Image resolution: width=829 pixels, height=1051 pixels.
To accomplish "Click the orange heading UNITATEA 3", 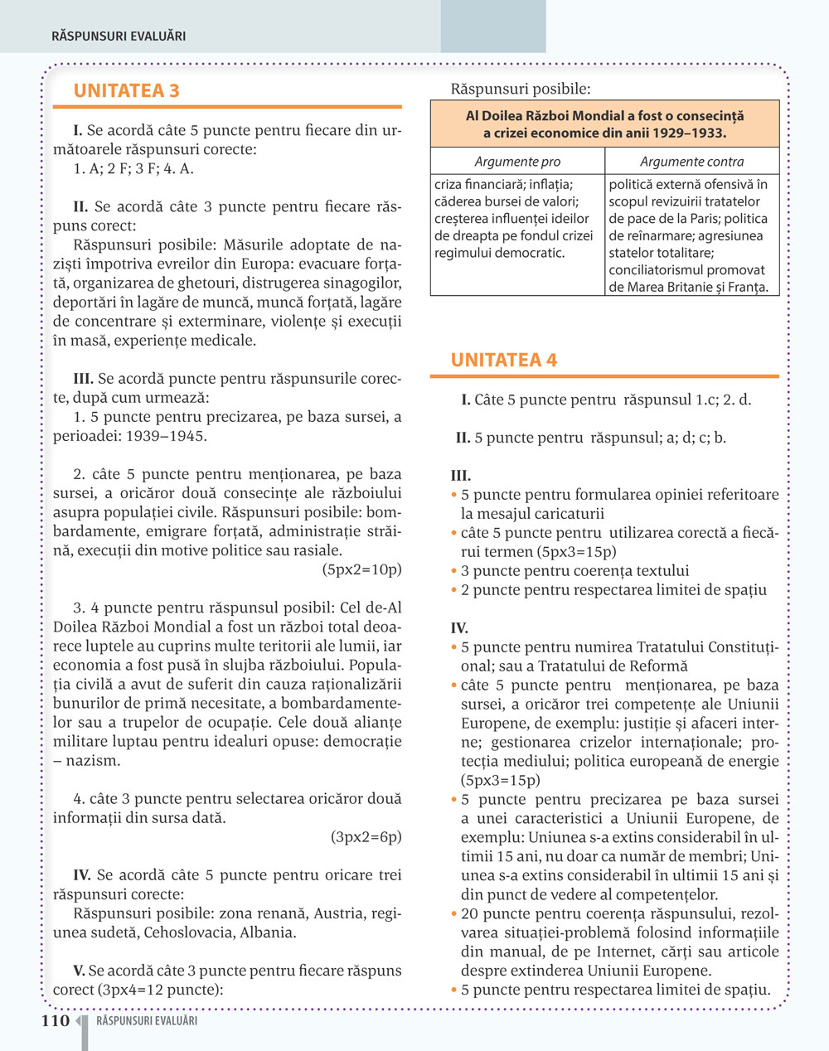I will pos(126,91).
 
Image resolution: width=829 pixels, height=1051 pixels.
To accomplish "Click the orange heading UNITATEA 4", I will pos(503,361).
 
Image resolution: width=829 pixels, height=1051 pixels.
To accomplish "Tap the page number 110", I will pos(56,1021).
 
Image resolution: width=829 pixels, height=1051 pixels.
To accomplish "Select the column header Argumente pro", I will pos(517,162).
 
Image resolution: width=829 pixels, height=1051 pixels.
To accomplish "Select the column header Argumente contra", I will pos(691,162).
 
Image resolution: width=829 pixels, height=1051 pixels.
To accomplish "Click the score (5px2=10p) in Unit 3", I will pos(361,569).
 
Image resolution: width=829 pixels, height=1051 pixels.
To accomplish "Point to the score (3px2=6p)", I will pos(366,836).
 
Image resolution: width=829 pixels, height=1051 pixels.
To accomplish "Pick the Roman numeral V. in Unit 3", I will pos(79,971).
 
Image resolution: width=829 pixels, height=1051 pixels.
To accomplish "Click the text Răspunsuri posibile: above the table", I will pos(520,89).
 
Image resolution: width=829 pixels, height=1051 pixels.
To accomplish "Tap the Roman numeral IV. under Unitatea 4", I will pos(459,628).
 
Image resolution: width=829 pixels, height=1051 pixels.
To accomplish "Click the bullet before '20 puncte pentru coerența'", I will pos(454,914).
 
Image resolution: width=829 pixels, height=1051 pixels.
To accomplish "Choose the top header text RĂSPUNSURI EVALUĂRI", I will pos(119,36).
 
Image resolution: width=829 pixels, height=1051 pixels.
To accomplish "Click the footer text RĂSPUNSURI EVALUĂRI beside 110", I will pos(147,1021).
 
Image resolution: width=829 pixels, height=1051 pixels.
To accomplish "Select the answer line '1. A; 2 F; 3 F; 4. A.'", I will pos(133,168).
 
